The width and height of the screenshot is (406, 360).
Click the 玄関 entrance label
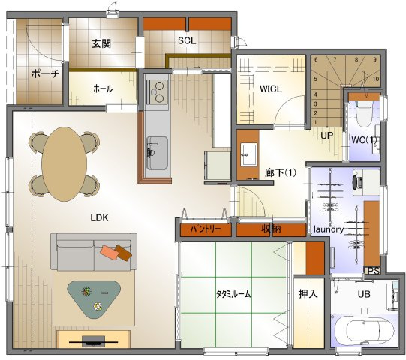101,43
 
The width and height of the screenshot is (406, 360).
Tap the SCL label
187,40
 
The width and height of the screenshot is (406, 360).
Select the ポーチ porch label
45,73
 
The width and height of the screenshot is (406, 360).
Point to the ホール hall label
103,88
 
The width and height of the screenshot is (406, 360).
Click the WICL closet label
271,89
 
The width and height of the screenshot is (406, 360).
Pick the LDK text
99,218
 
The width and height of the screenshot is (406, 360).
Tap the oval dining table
65,164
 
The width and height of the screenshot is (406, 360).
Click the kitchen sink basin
157,153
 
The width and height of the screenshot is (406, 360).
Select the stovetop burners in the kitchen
157,91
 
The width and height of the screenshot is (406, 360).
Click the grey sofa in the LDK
94,252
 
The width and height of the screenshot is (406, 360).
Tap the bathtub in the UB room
363,331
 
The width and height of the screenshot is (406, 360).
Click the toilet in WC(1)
364,114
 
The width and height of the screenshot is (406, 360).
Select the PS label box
373,270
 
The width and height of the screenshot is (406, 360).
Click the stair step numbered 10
376,79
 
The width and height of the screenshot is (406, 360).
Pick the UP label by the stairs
327,135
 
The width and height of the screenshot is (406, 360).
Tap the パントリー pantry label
206,229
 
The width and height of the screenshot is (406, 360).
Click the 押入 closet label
308,294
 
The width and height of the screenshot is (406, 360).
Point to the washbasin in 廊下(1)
249,155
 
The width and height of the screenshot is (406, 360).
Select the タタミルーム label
233,294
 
